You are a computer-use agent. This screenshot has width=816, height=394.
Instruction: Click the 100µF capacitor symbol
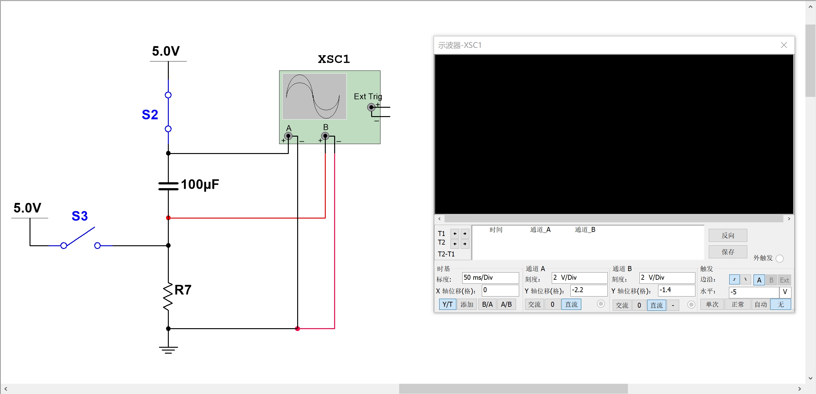pyautogui.click(x=168, y=186)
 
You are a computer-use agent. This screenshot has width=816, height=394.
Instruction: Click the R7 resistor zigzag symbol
pyautogui.click(x=168, y=297)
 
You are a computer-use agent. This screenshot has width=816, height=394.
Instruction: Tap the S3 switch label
pyautogui.click(x=80, y=216)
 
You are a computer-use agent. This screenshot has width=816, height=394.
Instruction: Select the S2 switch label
pyautogui.click(x=150, y=115)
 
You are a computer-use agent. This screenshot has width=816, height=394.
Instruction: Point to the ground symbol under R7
pyautogui.click(x=168, y=349)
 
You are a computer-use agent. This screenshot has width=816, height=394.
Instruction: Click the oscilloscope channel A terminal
pyautogui.click(x=288, y=136)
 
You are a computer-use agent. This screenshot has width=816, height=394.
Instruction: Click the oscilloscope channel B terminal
pyautogui.click(x=325, y=136)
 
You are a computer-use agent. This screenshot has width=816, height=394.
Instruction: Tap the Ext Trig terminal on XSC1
pyautogui.click(x=371, y=107)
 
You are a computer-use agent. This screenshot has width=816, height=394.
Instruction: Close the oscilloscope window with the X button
pyautogui.click(x=784, y=45)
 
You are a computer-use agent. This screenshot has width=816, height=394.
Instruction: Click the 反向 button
pyautogui.click(x=728, y=235)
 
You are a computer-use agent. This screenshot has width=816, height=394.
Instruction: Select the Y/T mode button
pyautogui.click(x=447, y=305)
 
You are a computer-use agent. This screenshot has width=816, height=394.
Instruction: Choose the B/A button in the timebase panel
pyautogui.click(x=487, y=305)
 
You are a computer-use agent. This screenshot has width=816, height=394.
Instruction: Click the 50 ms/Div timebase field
pyautogui.click(x=490, y=278)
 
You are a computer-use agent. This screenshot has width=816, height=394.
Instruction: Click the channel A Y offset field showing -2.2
pyautogui.click(x=588, y=290)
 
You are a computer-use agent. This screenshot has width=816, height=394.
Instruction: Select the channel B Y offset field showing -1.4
pyautogui.click(x=676, y=290)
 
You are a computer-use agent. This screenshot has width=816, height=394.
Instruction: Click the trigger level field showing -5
pyautogui.click(x=753, y=292)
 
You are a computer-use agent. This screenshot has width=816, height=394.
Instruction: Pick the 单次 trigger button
pyautogui.click(x=712, y=305)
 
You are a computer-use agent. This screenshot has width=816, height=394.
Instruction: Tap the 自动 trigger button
pyautogui.click(x=761, y=305)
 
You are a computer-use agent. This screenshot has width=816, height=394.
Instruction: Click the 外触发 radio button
pyautogui.click(x=780, y=259)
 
